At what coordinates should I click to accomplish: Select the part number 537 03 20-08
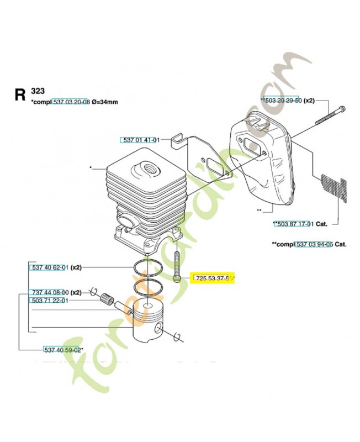tap(71, 102)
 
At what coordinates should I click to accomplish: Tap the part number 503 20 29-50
tap(284, 101)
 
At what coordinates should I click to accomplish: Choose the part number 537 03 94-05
tap(314, 244)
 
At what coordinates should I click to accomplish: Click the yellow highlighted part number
tap(213, 279)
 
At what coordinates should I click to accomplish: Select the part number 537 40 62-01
tap(48, 267)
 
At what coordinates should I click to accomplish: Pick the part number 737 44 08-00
tap(48, 292)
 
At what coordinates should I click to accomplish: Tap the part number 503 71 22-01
tap(48, 301)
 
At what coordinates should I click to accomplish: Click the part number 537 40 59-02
tap(63, 350)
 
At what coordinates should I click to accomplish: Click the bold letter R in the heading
tap(20, 94)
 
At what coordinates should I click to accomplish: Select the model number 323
tap(38, 91)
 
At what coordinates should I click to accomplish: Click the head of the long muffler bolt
tap(343, 107)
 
